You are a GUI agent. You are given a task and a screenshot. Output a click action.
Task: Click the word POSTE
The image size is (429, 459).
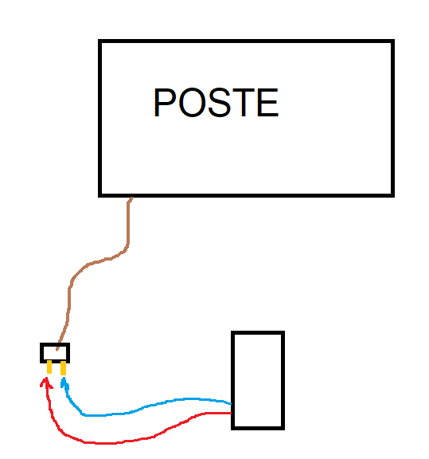pos(216,103)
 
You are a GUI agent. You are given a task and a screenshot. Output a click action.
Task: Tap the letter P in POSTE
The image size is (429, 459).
pos(164,103)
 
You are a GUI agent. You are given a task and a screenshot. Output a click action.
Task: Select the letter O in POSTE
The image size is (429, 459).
pos(192,103)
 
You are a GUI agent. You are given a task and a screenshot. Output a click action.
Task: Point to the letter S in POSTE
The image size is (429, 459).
pos(220,103)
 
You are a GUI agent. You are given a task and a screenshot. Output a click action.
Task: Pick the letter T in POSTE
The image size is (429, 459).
pos(244,103)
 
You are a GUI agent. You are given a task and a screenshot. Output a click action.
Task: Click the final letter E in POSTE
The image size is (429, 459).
pos(268,103)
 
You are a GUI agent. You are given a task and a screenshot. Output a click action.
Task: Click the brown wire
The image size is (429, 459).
pos(87,265)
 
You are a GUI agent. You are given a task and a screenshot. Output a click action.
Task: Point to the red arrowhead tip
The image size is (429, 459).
pos(46,378)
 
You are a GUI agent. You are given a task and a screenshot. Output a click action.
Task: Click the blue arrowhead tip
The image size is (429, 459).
pos(64,378)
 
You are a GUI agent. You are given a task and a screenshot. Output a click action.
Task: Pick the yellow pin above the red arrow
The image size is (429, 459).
pos(49,367)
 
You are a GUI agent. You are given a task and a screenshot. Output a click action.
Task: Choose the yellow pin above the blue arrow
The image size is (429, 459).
pos(63,367)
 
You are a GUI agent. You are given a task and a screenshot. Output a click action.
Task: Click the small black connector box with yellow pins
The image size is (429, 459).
pos(55,353)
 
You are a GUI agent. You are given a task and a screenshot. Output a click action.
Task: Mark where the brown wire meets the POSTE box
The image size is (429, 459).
pos(131,198)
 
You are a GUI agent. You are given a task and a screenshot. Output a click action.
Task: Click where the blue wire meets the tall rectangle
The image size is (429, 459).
pos(232,404)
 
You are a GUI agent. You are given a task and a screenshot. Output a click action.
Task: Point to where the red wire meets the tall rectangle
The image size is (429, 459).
pos(232,413)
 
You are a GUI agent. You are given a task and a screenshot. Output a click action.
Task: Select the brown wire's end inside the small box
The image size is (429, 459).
pos(57,350)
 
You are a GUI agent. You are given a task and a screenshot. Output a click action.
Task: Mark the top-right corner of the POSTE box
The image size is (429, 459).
pos(392,41)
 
